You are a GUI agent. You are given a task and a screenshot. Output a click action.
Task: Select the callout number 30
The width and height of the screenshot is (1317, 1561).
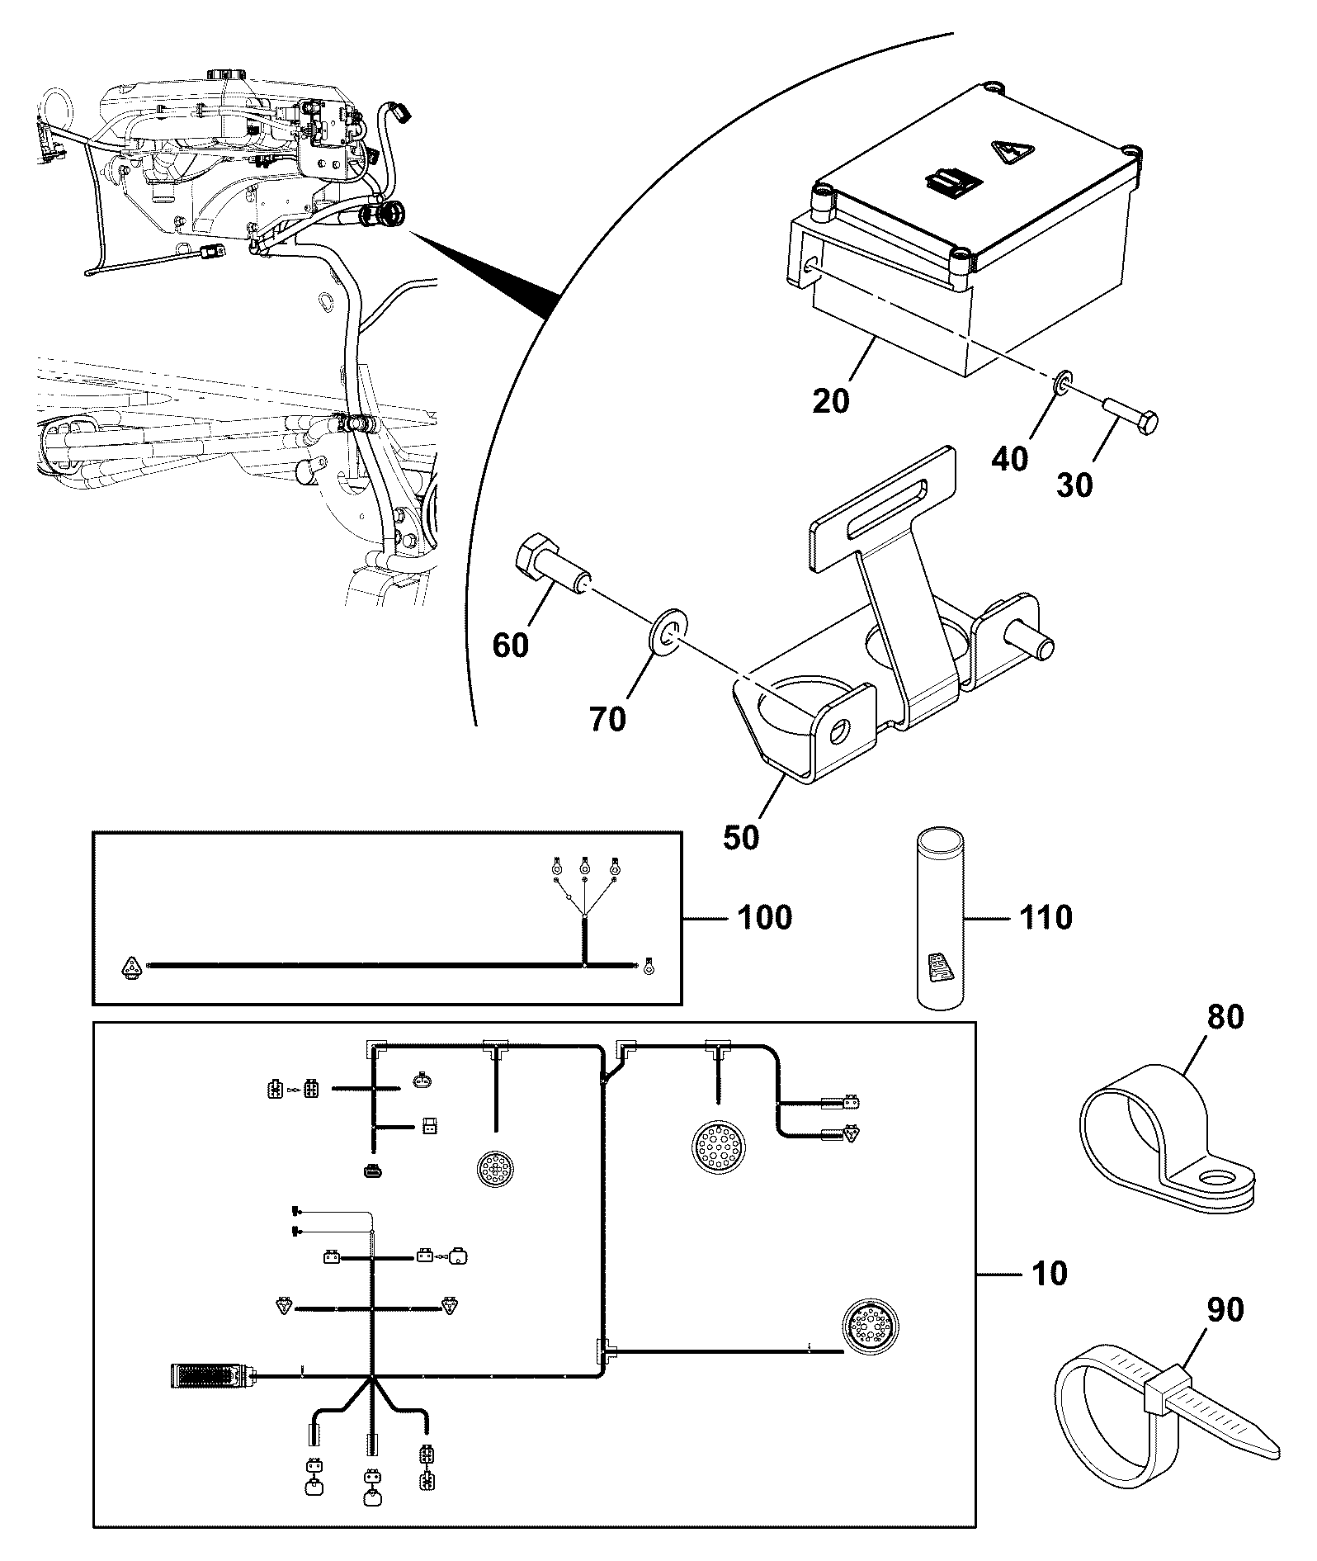[1074, 485]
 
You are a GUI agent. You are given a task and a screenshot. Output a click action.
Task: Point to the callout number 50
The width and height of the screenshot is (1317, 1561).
[741, 837]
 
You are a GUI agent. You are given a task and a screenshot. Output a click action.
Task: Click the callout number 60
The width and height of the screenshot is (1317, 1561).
[510, 645]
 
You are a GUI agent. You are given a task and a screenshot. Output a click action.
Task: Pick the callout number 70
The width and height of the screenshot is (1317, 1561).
[607, 719]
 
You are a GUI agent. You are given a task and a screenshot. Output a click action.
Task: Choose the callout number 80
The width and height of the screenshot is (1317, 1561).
[1225, 1017]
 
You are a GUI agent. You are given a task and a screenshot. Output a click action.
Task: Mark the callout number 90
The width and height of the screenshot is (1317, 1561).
[1225, 1309]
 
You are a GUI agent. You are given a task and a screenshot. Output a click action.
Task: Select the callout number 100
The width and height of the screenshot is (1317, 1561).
[763, 917]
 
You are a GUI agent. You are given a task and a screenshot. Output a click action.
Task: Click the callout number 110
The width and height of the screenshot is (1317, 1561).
[1045, 917]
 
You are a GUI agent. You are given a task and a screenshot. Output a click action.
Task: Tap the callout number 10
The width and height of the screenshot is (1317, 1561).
[1049, 1273]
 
